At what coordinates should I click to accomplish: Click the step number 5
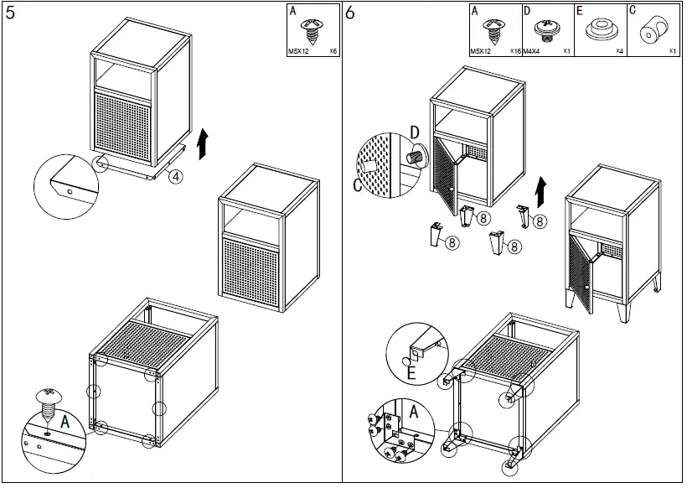11,13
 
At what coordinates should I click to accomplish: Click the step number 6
351,13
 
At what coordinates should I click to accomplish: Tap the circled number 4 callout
173,176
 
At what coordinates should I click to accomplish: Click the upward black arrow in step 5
201,144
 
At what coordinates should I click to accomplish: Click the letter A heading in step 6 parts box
474,11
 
